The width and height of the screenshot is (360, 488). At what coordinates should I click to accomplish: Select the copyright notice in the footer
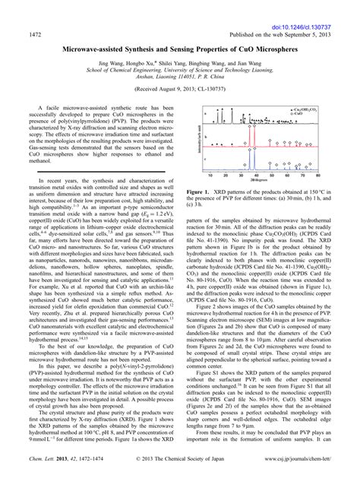[179, 480]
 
